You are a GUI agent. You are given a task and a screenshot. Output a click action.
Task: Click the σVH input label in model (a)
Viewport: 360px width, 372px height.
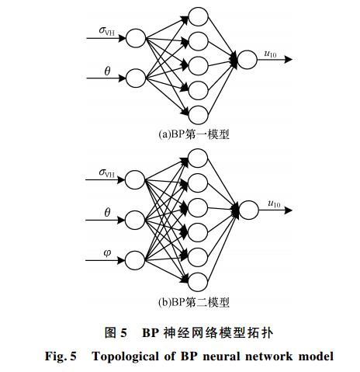click(x=107, y=31)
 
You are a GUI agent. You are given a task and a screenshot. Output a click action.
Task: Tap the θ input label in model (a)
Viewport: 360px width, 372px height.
click(x=107, y=71)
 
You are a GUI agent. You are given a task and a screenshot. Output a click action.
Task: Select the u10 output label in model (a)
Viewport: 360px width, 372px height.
click(x=270, y=54)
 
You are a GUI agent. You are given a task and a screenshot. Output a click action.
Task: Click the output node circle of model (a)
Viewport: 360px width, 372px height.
click(x=247, y=60)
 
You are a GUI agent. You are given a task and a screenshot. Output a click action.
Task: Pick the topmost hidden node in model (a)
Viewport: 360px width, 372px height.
click(x=198, y=16)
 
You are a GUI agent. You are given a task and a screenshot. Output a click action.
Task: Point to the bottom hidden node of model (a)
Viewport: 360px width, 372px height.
click(x=198, y=115)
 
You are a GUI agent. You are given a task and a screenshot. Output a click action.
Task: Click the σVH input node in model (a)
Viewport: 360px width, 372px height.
click(x=136, y=38)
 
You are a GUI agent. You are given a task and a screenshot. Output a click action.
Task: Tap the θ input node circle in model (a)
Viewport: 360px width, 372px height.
click(x=136, y=78)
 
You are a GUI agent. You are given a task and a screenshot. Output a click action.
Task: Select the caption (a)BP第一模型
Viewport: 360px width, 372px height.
click(x=194, y=134)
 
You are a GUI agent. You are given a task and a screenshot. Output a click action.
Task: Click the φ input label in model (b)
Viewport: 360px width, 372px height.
click(x=107, y=253)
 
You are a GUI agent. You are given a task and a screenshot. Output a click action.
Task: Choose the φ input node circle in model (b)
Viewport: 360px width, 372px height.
click(x=135, y=260)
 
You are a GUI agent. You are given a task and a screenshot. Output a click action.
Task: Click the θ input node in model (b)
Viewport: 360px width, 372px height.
click(x=135, y=220)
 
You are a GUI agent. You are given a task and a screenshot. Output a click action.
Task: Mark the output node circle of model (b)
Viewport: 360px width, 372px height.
click(x=248, y=210)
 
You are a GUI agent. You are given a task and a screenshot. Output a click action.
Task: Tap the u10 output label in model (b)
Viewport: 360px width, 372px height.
click(x=274, y=204)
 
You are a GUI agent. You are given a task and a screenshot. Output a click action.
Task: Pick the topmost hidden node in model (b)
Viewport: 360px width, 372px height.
click(x=198, y=158)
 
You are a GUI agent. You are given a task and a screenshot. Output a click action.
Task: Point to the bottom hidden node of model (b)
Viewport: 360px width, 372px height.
click(x=198, y=282)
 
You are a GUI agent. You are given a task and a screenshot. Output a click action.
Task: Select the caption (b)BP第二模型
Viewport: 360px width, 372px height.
click(x=194, y=302)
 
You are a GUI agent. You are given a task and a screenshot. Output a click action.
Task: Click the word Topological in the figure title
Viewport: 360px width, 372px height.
click(x=125, y=356)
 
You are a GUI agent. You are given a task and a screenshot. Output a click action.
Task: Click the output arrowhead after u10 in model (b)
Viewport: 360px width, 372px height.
click(x=288, y=210)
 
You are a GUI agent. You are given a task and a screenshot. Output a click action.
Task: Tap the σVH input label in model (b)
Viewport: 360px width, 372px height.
click(x=107, y=173)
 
